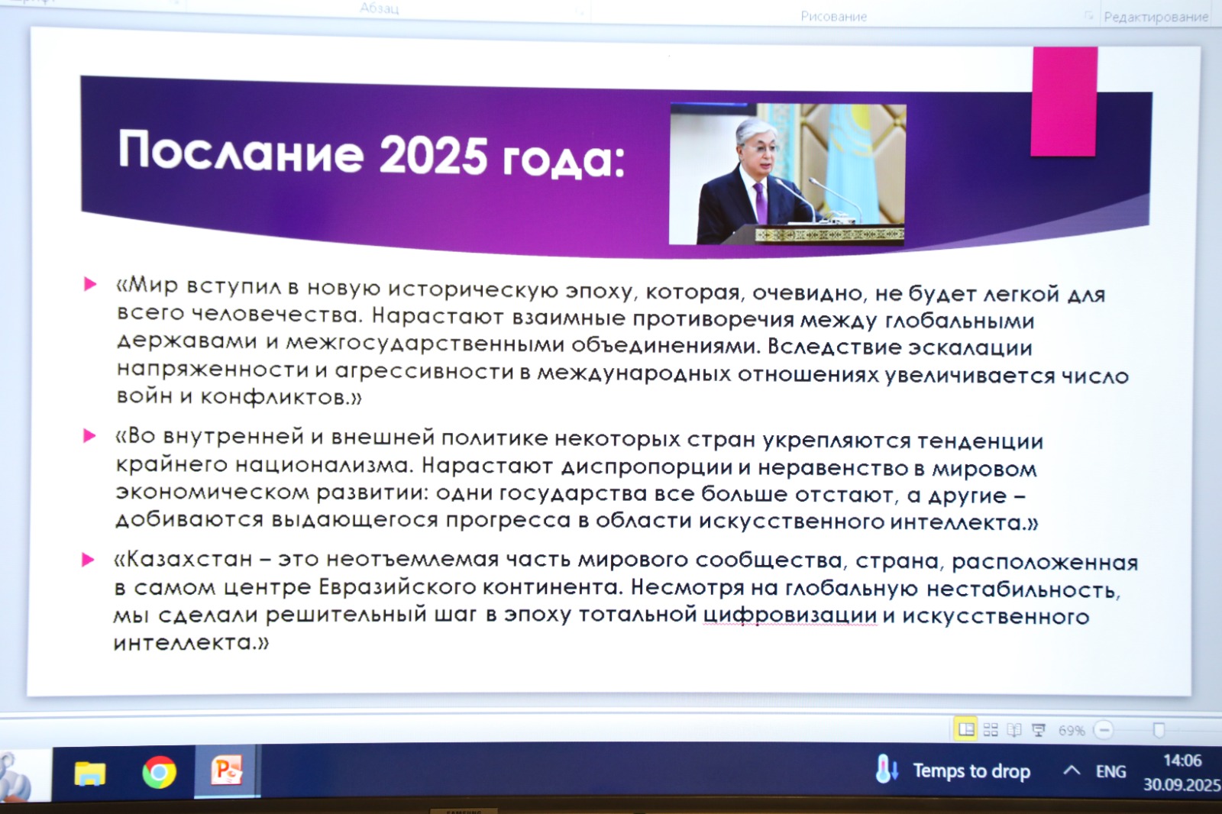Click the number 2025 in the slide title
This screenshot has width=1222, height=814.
click(x=432, y=156)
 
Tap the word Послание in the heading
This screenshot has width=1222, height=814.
click(x=241, y=152)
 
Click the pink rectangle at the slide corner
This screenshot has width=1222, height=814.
click(x=1064, y=102)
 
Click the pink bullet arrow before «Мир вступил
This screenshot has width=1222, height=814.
click(x=90, y=284)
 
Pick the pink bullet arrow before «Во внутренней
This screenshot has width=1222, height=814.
click(x=89, y=435)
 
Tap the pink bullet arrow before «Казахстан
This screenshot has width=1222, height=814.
click(x=88, y=559)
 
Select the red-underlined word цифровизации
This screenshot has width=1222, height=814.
click(x=790, y=616)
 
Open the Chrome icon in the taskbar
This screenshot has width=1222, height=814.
click(x=159, y=773)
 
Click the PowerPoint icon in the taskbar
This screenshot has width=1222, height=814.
click(x=227, y=771)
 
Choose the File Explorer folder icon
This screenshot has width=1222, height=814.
click(x=90, y=774)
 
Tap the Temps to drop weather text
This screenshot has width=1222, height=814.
click(x=971, y=771)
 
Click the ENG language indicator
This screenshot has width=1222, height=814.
click(x=1110, y=771)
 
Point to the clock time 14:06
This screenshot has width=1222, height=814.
click(x=1182, y=760)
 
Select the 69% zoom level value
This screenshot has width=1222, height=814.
click(x=1072, y=731)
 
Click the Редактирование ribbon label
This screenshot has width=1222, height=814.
click(x=1156, y=18)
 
